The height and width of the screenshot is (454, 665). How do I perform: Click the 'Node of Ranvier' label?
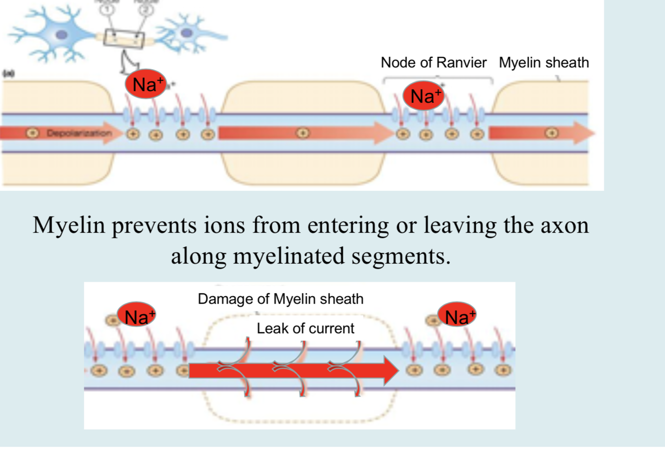(433, 63)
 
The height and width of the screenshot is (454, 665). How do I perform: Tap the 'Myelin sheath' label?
(544, 63)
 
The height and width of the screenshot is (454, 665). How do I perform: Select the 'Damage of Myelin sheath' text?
(281, 299)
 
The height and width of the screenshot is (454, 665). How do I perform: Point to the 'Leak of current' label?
(306, 329)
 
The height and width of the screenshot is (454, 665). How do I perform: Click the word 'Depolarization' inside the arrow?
(79, 133)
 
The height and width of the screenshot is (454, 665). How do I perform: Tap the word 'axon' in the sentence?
(564, 225)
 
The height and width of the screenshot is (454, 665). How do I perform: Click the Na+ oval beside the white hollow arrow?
(146, 84)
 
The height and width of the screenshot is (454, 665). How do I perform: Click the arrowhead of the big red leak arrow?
(391, 370)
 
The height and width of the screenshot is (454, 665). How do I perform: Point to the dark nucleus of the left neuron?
(62, 35)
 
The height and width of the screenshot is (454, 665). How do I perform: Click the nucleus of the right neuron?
(187, 33)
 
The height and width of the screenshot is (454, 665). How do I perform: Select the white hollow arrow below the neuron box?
(128, 62)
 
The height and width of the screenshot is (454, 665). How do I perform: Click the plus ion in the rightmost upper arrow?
(551, 133)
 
